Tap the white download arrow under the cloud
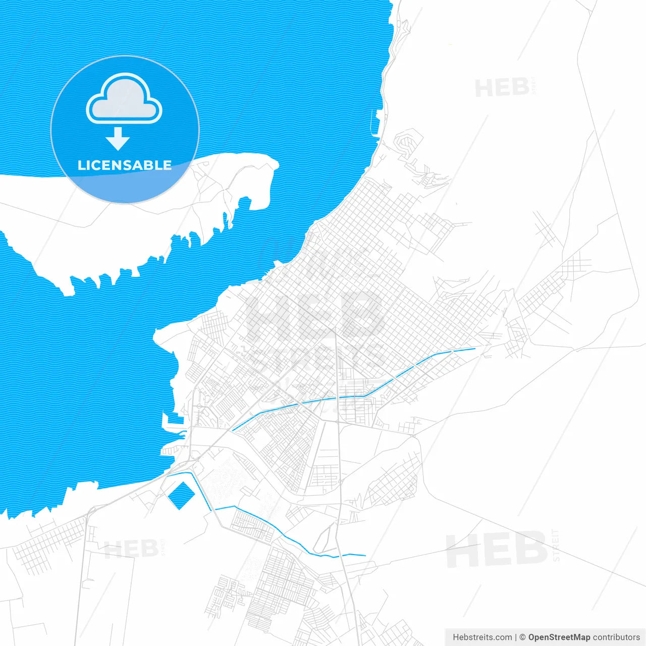point(118,139)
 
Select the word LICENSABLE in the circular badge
point(125,165)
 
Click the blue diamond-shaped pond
point(181,495)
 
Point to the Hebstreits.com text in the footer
point(482,637)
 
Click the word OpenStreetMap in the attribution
point(559,637)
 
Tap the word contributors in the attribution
point(616,637)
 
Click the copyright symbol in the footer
point(522,637)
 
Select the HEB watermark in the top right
point(502,88)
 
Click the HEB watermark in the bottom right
point(497,550)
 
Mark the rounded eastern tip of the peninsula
point(270,164)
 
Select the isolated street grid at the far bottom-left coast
point(48,545)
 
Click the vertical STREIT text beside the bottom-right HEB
point(556,545)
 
